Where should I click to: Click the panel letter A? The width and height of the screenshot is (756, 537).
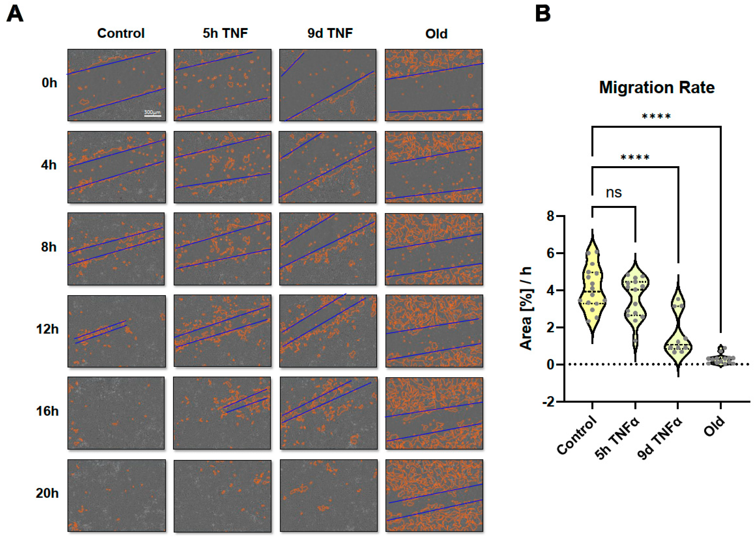point(15,15)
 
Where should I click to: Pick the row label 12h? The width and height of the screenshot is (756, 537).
point(47,329)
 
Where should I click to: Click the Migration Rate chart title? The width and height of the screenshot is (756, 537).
point(656,88)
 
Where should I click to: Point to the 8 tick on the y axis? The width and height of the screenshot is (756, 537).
point(550,216)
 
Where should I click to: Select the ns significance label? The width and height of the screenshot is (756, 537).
point(613,192)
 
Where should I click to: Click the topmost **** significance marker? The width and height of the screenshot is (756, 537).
point(656,117)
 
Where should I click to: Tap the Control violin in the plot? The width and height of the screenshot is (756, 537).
point(592,291)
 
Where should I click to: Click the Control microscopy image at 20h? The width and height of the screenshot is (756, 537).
point(116,495)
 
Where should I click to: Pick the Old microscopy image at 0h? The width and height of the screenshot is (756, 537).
point(434,85)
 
